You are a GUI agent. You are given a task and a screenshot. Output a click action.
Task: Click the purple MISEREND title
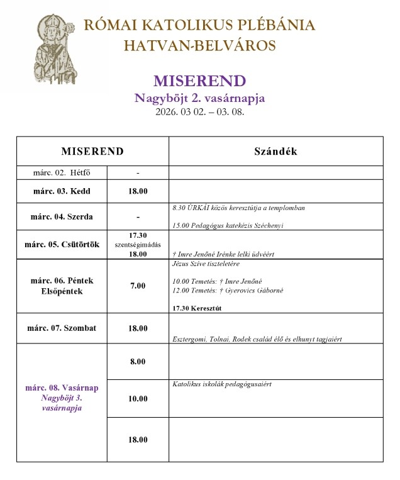(x=199, y=82)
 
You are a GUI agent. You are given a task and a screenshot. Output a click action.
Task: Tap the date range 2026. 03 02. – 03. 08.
(x=199, y=113)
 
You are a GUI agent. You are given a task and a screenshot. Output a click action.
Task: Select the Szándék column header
(x=275, y=152)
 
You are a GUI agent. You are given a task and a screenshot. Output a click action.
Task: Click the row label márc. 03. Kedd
(x=62, y=191)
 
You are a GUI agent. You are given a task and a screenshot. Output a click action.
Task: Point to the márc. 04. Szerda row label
(x=62, y=217)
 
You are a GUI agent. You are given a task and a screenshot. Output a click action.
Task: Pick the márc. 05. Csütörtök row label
(x=62, y=245)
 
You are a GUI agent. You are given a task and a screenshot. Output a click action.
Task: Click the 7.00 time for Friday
(x=138, y=286)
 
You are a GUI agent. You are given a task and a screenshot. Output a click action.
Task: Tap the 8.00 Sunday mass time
(x=138, y=362)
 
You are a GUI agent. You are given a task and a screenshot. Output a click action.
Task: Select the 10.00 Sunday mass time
(x=138, y=398)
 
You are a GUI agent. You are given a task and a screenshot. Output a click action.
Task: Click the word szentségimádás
(x=138, y=245)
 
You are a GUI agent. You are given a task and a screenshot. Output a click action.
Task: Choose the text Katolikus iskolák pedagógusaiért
(x=225, y=384)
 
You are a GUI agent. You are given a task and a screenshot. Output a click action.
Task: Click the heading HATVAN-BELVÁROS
(x=199, y=45)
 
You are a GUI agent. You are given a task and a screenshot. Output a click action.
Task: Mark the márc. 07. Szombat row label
(x=62, y=328)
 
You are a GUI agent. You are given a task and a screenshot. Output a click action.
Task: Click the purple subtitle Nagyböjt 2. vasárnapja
(x=199, y=98)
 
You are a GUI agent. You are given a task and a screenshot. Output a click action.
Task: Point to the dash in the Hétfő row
(x=138, y=172)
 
